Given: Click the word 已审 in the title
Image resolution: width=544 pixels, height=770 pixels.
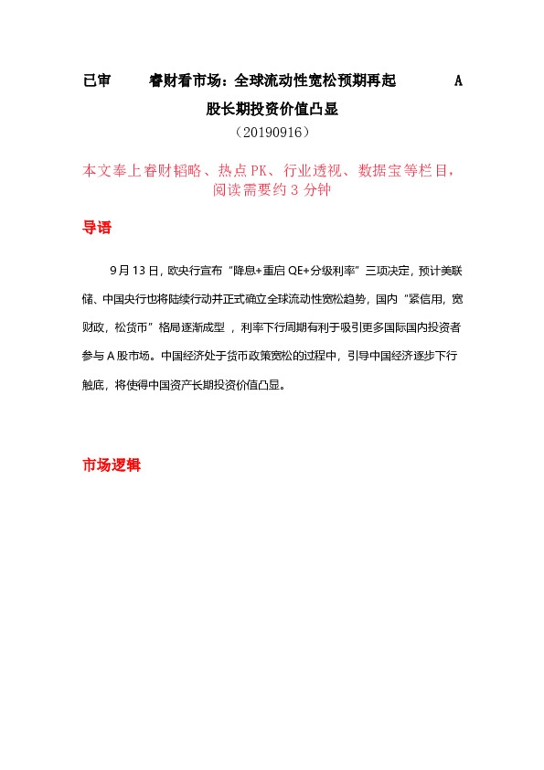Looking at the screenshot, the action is pos(96,81).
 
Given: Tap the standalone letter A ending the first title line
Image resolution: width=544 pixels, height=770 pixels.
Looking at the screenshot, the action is pos(458,81).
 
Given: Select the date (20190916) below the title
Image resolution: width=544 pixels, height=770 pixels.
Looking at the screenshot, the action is pos(272,133).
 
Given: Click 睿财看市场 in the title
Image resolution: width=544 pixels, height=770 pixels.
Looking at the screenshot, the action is pos(189,81).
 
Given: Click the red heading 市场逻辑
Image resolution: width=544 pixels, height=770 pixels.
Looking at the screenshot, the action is pos(111,465).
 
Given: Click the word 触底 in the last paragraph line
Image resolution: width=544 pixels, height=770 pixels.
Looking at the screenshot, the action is pos(95,384).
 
